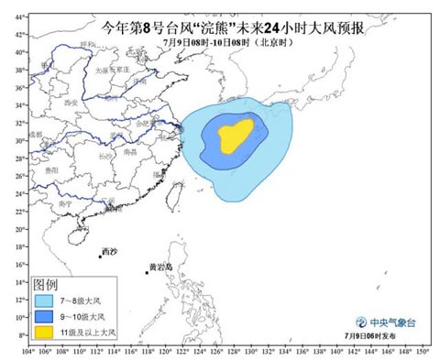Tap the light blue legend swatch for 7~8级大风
coord(45,300)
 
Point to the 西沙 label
coord(109,250)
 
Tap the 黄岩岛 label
coord(159,267)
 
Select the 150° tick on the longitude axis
coord(421,351)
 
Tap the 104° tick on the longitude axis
coord(29,351)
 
